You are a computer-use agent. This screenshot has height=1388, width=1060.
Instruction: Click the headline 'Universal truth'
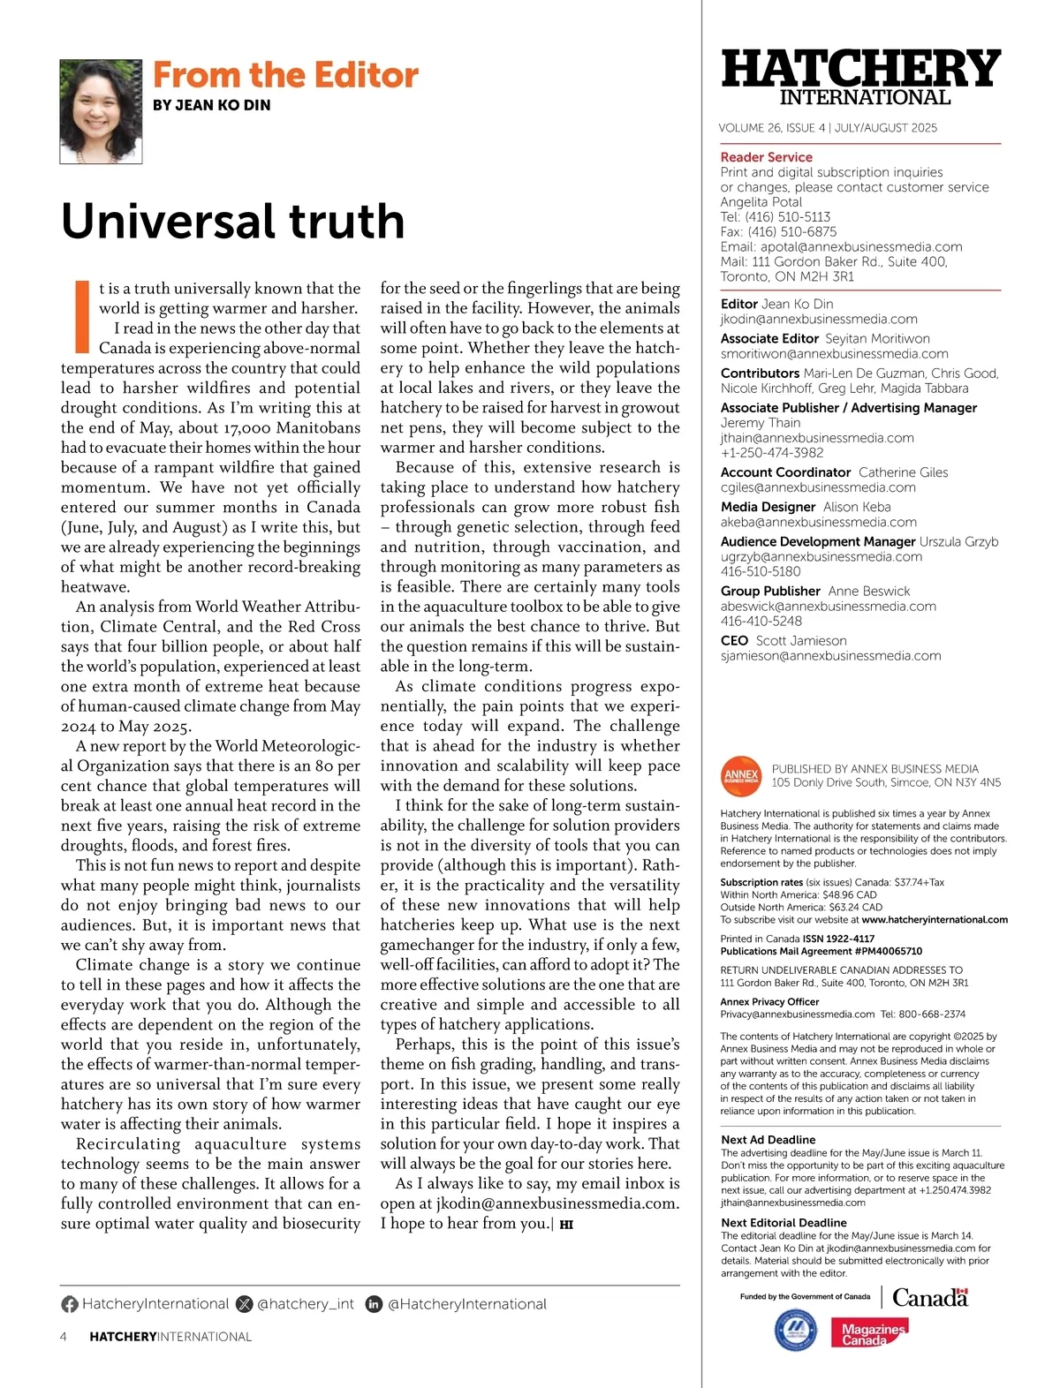(x=232, y=221)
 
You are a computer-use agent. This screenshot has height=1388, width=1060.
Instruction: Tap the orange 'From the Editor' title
(x=285, y=75)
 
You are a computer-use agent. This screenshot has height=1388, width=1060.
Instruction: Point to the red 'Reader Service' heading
(x=766, y=157)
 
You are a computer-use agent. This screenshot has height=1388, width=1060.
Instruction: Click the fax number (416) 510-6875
(x=778, y=231)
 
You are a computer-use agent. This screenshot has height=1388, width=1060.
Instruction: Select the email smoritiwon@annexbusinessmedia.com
(x=834, y=353)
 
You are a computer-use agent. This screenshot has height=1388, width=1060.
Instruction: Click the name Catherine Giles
(x=903, y=472)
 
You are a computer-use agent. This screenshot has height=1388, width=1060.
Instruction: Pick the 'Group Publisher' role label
(x=770, y=591)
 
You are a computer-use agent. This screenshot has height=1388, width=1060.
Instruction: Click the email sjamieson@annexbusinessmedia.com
(x=830, y=655)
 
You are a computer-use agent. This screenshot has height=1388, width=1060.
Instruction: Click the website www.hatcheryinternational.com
(x=935, y=919)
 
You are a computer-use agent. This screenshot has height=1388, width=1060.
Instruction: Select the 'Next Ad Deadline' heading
(x=768, y=1140)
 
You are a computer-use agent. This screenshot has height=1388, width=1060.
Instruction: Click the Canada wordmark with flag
(x=930, y=1297)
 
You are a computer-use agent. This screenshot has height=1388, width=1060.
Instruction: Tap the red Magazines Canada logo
(x=869, y=1333)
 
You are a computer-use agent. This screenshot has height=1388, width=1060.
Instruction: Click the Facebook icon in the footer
(x=70, y=1304)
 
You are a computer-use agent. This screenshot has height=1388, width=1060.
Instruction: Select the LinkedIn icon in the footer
(x=374, y=1304)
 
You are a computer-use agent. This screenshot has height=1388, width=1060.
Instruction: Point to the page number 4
(x=64, y=1337)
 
